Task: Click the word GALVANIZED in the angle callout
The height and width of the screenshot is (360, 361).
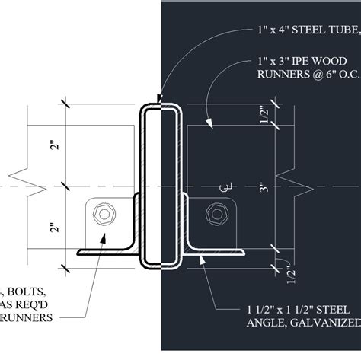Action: point(332,323)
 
